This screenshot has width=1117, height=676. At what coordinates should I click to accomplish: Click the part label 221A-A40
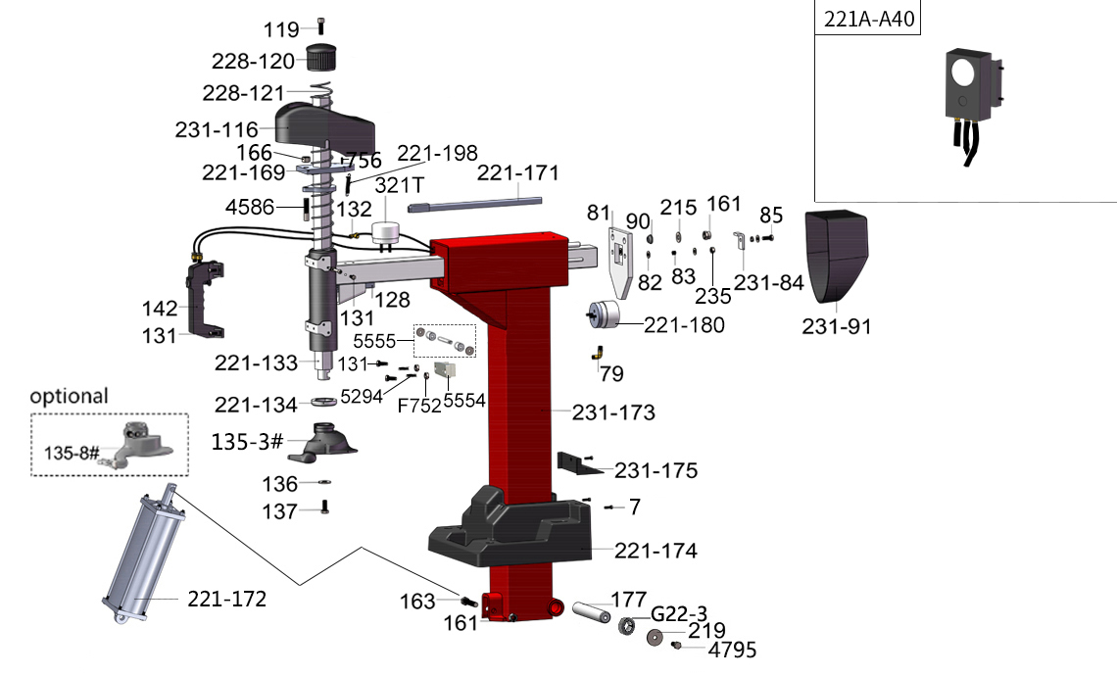[868, 19]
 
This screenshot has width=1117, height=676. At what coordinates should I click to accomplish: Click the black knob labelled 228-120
[321, 58]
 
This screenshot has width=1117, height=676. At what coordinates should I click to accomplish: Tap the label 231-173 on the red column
[613, 411]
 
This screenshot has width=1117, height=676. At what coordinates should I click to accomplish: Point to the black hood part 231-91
[837, 255]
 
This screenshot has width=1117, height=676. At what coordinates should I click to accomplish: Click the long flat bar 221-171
[475, 204]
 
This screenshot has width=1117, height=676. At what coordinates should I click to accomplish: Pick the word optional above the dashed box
[70, 396]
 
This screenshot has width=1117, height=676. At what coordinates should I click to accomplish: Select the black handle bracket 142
[205, 299]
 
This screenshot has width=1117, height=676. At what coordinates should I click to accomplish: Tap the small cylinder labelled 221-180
[604, 314]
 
